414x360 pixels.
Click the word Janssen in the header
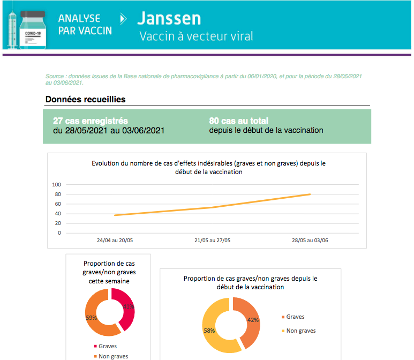point(169,18)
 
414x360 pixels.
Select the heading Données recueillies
point(85,99)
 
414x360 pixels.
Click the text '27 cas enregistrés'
point(91,121)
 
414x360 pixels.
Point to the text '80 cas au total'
point(239,121)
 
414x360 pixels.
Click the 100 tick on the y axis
point(56,185)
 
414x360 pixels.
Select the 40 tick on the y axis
point(57,214)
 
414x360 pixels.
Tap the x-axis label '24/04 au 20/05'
point(115,241)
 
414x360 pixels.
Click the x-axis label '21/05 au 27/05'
point(213,241)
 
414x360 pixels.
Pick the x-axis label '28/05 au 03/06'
point(310,241)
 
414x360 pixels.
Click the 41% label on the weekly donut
point(129,307)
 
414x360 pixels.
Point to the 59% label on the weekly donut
point(91,318)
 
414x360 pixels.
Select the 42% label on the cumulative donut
point(253,320)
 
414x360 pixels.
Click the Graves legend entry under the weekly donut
point(107,346)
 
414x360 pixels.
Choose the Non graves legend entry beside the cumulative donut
point(301,331)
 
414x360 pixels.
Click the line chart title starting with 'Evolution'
point(208,167)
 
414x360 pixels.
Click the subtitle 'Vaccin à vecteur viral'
point(196,36)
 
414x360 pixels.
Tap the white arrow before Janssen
point(124,19)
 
